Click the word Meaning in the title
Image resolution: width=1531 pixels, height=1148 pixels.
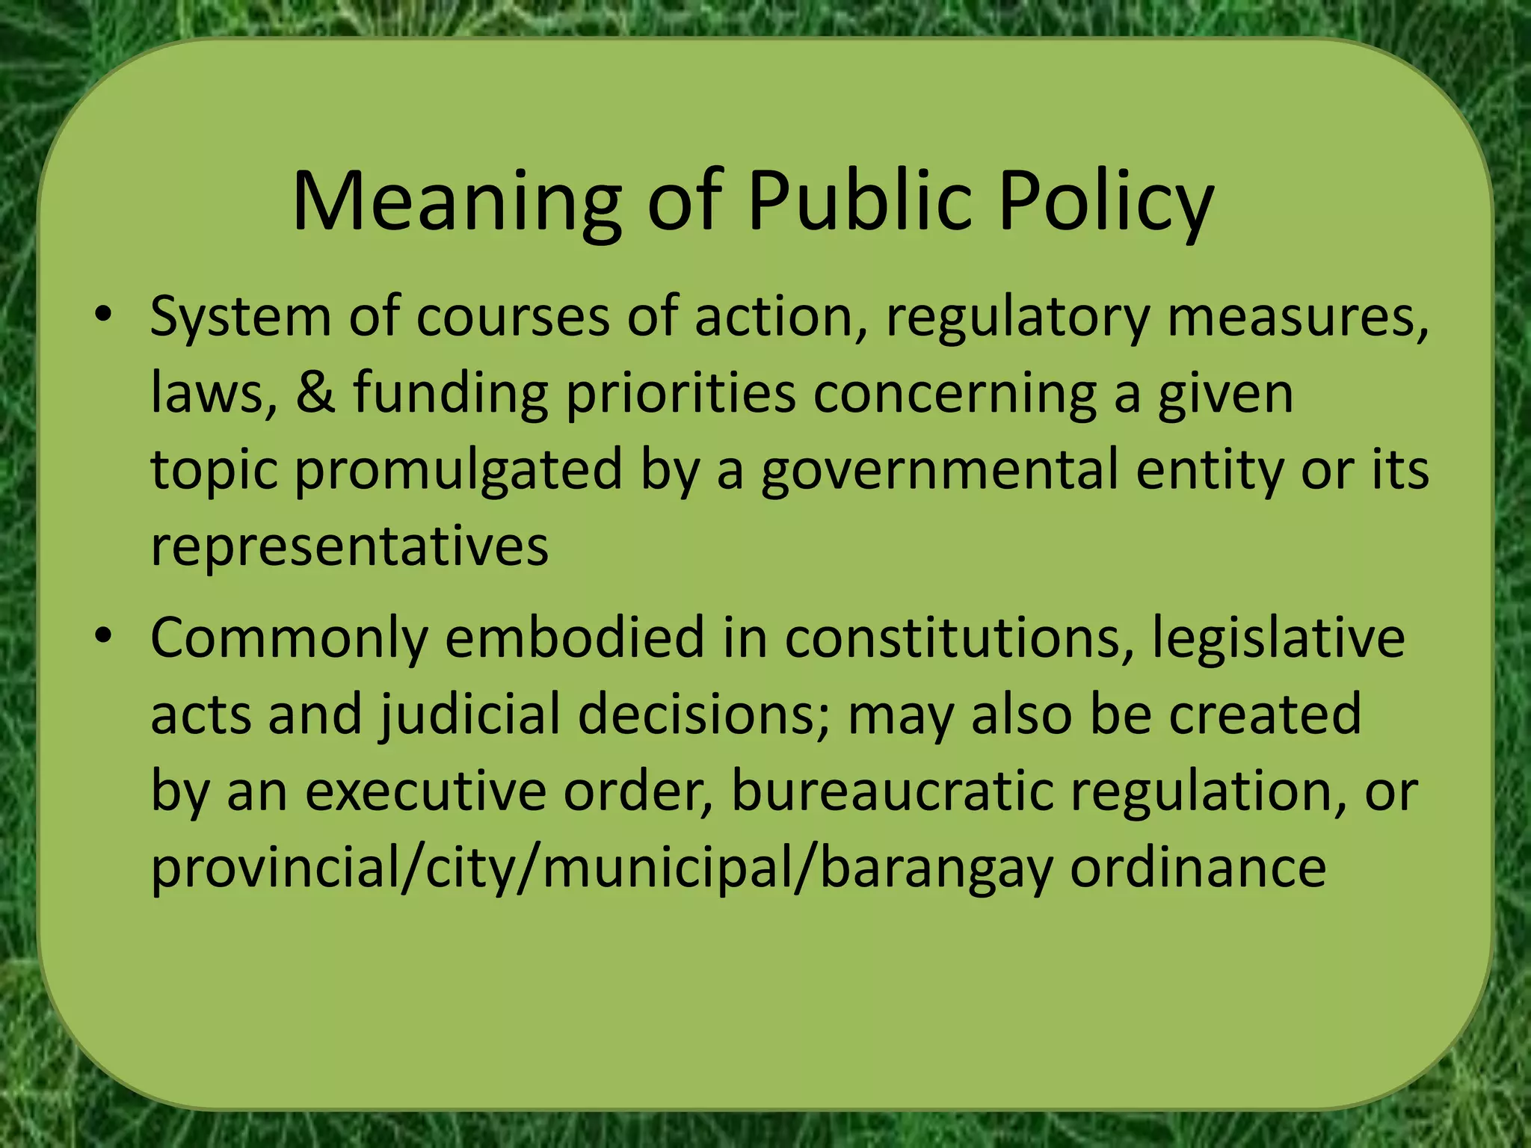(x=457, y=202)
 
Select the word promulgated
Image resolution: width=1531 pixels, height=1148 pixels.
(x=458, y=471)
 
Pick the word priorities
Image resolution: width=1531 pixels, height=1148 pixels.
(x=680, y=394)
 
